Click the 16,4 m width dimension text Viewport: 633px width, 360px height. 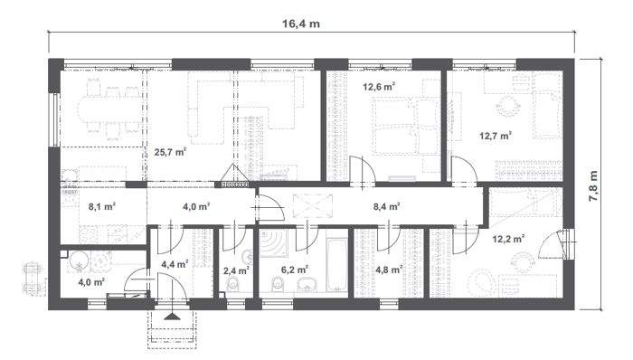click(x=302, y=24)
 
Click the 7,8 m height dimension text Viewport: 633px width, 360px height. click(x=594, y=186)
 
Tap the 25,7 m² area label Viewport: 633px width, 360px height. click(x=170, y=152)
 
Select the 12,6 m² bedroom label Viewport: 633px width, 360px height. click(x=379, y=88)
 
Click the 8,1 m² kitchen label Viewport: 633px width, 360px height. click(x=102, y=206)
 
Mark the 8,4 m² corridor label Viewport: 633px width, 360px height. click(x=388, y=206)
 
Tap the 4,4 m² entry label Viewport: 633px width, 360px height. click(x=174, y=264)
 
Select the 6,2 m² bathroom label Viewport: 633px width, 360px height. click(x=296, y=270)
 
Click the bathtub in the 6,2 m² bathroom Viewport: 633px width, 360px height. click(x=335, y=264)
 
